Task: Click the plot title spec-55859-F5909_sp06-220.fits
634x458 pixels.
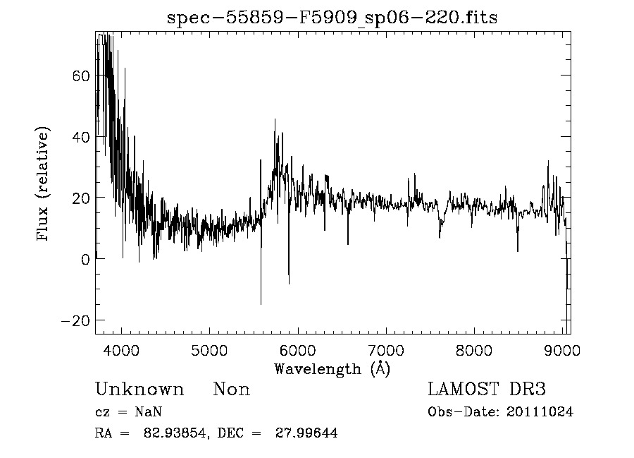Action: click(332, 18)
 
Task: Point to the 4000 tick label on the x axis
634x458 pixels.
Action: click(122, 351)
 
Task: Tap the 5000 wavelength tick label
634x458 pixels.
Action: click(210, 351)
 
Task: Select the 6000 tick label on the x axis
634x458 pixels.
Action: click(298, 351)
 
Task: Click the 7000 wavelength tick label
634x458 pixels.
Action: click(386, 351)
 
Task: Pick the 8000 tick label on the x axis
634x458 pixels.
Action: click(474, 351)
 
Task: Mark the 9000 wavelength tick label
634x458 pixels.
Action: click(561, 351)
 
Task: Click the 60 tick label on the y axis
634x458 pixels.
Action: click(80, 76)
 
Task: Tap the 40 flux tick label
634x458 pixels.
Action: click(80, 137)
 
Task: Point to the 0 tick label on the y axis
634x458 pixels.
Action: click(85, 259)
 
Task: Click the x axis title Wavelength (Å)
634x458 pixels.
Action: click(332, 368)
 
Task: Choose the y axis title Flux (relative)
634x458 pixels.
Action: click(44, 184)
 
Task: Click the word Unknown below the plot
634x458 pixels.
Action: click(139, 390)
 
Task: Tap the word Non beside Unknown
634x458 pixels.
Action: click(232, 390)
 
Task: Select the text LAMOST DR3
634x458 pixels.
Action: click(487, 390)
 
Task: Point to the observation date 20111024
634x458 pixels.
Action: click(540, 412)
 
